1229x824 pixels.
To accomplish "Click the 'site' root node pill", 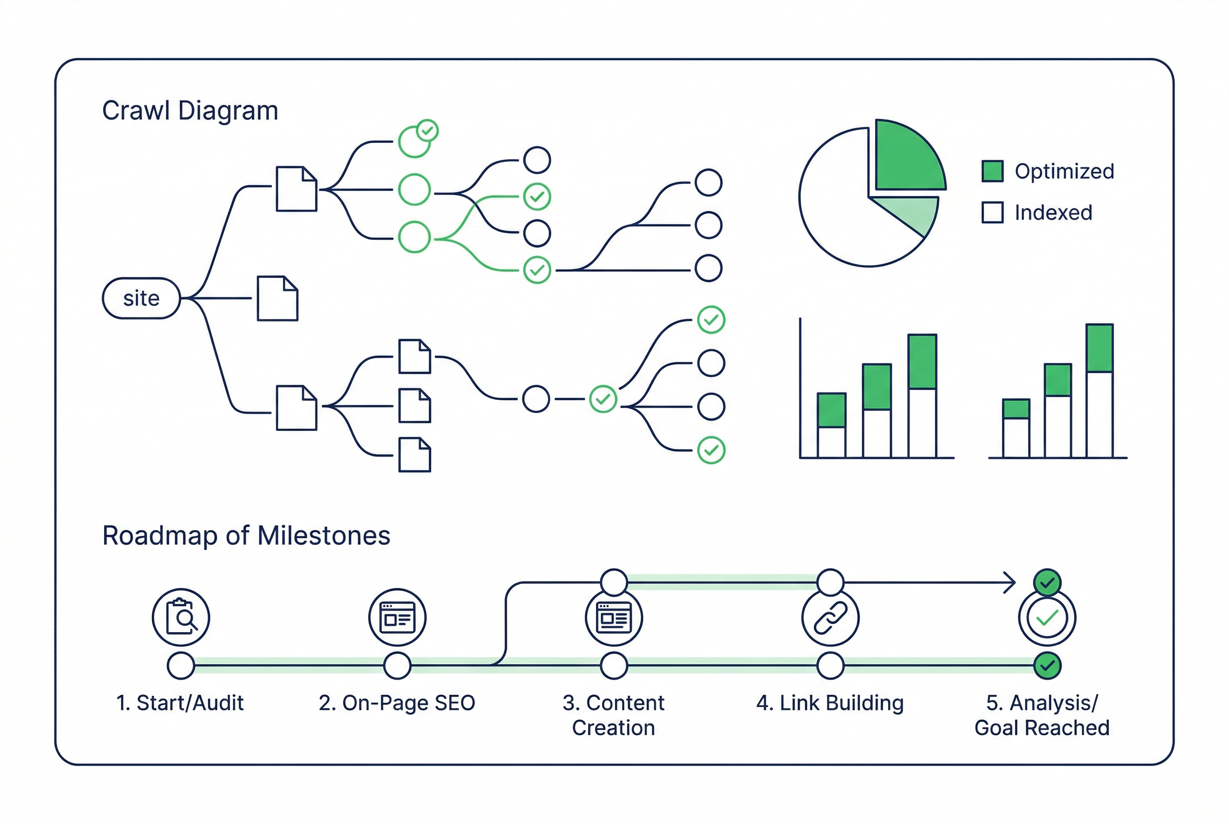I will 141,298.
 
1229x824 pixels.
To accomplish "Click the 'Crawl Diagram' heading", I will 190,111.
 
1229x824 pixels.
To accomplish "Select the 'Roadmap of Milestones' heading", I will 246,535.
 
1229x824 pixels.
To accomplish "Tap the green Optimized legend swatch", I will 992,172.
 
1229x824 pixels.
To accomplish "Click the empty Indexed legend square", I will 992,212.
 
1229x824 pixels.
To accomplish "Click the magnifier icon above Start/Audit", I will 181,617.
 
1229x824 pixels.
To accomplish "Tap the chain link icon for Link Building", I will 830,618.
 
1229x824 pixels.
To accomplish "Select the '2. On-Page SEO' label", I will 397,703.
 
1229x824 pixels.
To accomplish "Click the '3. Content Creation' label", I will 613,715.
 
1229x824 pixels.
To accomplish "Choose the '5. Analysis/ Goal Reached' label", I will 1041,715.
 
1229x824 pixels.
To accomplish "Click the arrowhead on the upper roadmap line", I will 1009,582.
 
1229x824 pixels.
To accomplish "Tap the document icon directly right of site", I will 277,298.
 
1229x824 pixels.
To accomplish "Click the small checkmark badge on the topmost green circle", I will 427,131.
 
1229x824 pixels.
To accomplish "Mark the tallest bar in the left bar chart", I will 922,395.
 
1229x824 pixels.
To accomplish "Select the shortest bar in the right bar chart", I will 1016,429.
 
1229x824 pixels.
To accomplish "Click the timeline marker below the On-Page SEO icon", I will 397,666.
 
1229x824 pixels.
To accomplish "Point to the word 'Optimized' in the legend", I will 1064,172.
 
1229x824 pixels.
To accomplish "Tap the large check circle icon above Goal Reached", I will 1047,618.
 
